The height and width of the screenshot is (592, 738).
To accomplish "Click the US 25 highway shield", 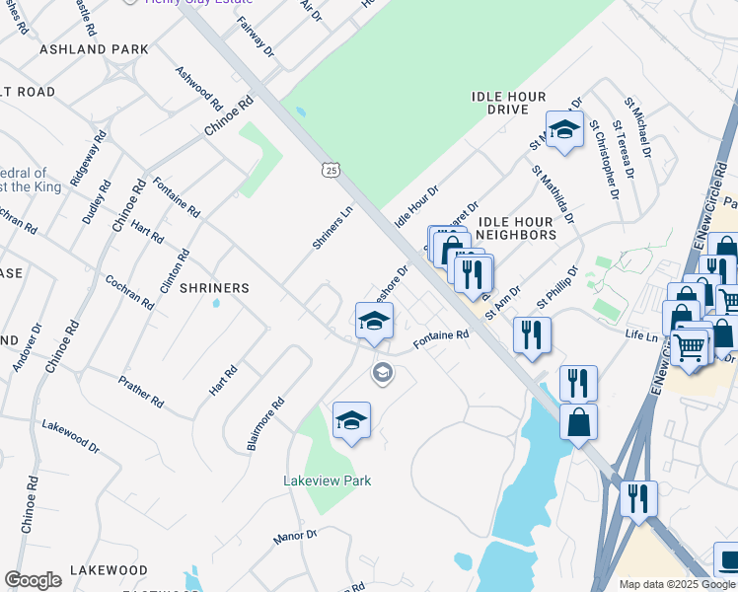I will click(x=331, y=171).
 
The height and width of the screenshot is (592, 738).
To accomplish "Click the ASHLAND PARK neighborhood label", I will click(x=94, y=49).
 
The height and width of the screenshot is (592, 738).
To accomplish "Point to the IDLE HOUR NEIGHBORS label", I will click(x=517, y=235).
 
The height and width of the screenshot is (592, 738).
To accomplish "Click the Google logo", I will click(x=33, y=580).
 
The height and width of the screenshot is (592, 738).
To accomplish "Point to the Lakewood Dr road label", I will click(x=70, y=434).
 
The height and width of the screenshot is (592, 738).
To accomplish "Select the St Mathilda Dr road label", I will click(x=553, y=193).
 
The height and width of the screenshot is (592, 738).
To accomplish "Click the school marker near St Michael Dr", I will click(x=564, y=129).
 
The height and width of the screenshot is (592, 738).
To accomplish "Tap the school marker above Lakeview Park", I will click(x=351, y=420).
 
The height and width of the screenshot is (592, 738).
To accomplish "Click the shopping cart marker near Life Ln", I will click(x=690, y=345).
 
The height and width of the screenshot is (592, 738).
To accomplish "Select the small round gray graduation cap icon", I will click(x=381, y=373).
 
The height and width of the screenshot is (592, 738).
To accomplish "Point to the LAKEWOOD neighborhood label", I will click(x=110, y=570).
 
